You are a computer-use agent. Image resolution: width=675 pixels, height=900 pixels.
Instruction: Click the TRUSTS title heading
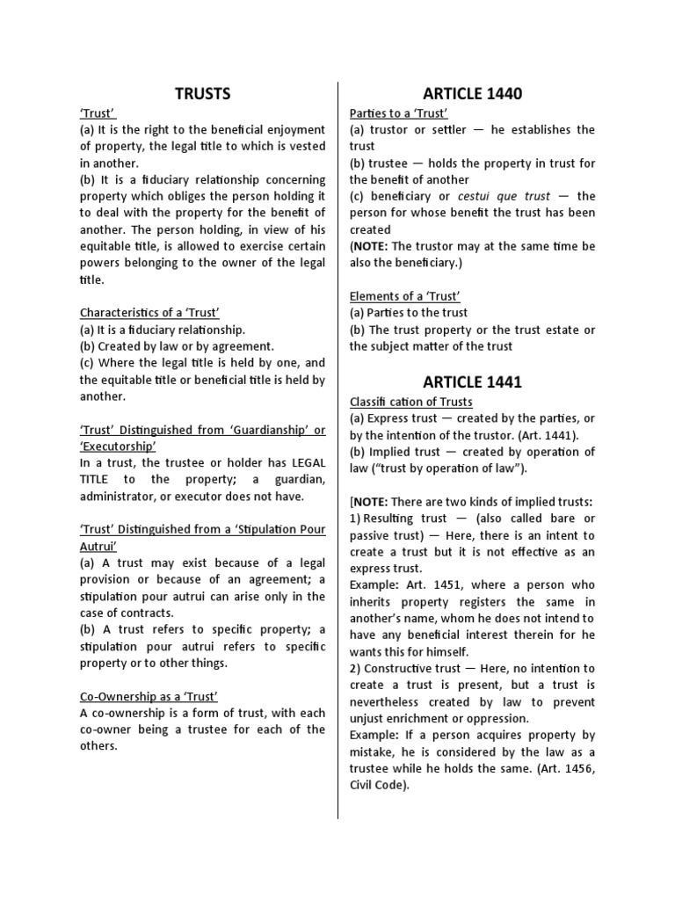[202, 93]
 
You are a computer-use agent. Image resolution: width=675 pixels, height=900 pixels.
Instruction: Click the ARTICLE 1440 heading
[472, 93]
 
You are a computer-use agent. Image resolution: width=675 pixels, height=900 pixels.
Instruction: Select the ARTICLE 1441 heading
[472, 381]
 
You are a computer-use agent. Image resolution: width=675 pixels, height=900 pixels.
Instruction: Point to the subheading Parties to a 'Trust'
[399, 113]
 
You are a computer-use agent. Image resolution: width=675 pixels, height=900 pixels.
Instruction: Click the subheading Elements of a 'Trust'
[404, 296]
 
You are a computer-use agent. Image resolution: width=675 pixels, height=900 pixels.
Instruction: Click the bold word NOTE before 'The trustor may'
[369, 246]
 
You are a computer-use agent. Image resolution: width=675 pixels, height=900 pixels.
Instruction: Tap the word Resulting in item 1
[392, 519]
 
